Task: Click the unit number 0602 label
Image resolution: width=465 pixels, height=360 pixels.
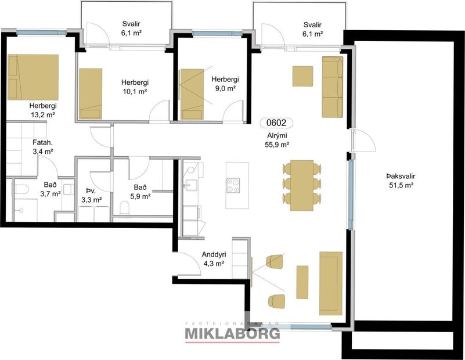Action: click(277, 123)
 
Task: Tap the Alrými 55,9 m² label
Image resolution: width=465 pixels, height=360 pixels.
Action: click(276, 140)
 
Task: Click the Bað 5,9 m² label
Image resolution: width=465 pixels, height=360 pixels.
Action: click(142, 192)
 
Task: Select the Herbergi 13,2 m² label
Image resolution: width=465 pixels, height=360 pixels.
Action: click(42, 110)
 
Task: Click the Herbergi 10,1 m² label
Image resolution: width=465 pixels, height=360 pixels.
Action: click(134, 87)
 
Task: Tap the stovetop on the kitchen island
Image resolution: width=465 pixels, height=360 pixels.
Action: click(233, 185)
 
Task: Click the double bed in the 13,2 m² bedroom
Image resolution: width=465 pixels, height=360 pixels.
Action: click(33, 77)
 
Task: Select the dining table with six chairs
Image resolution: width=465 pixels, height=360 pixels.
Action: click(301, 183)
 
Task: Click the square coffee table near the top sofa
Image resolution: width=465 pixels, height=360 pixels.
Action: click(303, 76)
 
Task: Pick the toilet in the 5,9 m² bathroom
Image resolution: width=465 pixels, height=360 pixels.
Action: click(124, 208)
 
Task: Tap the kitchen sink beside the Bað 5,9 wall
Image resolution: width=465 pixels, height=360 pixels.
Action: click(191, 186)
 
